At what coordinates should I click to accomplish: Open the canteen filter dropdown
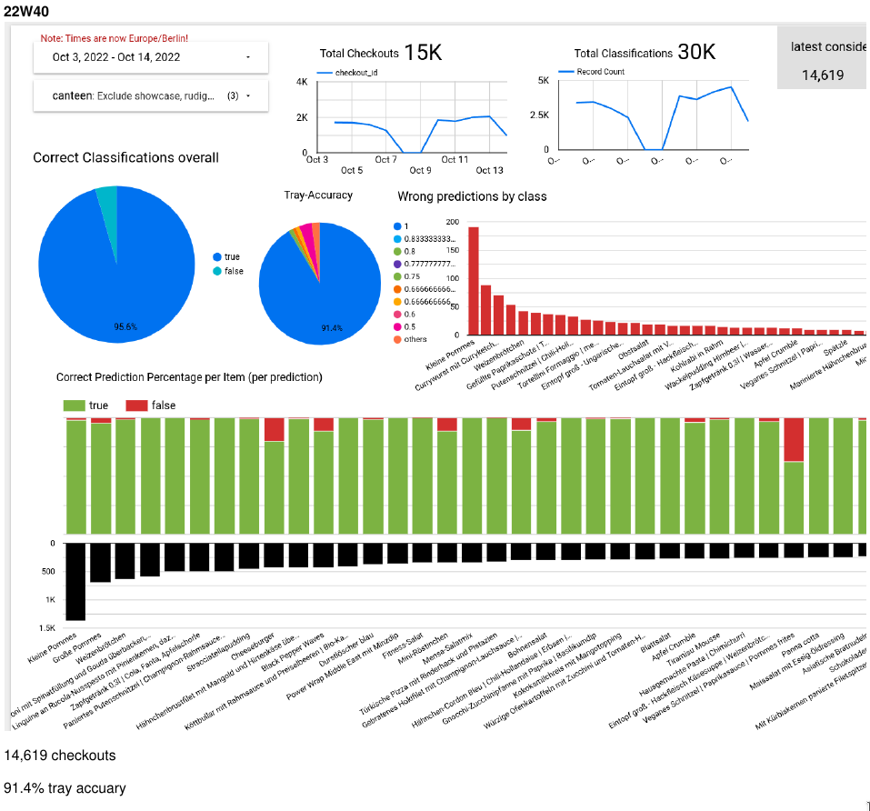click(x=150, y=95)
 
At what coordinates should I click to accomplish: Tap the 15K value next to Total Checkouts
click(x=423, y=53)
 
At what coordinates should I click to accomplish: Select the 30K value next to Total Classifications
click(x=696, y=52)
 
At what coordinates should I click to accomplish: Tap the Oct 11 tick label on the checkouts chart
click(x=455, y=159)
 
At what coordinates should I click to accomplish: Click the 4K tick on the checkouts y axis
click(x=302, y=82)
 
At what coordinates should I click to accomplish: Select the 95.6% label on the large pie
click(x=125, y=326)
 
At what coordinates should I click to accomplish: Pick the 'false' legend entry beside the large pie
click(x=234, y=271)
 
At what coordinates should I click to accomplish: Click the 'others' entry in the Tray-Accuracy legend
click(x=415, y=339)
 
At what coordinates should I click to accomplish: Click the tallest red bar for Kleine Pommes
click(x=473, y=281)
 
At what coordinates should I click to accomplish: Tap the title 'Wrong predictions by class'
click(x=472, y=196)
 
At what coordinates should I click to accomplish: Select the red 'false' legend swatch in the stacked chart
click(x=136, y=405)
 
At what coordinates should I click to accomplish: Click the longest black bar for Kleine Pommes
click(x=75, y=582)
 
